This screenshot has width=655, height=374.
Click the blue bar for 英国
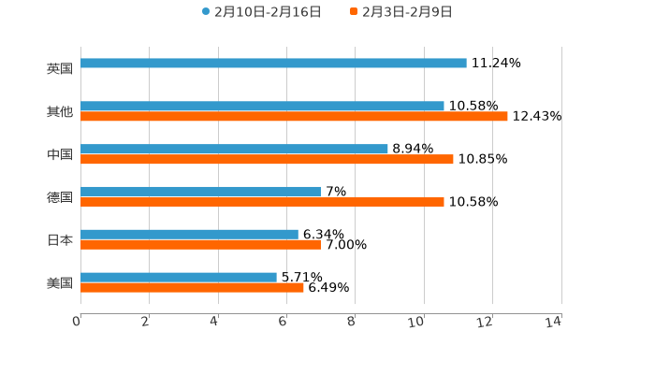pos(273,64)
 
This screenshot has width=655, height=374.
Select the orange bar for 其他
pos(294,117)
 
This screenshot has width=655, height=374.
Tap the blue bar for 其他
pos(262,107)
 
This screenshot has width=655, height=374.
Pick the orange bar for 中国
pos(267,159)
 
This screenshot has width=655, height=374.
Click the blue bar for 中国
pos(234,149)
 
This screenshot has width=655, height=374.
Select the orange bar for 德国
pos(262,201)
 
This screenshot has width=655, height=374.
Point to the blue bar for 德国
pos(200,191)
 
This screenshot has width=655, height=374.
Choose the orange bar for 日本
pos(200,244)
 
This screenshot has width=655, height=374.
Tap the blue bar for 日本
pos(189,234)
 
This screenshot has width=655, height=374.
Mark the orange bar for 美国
pos(192,287)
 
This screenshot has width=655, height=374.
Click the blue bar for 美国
pos(179,277)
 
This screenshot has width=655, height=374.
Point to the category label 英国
pos(60,68)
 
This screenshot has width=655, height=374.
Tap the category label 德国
pos(60,196)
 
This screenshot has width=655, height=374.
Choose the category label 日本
pos(60,239)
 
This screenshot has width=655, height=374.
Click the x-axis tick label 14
pos(554,322)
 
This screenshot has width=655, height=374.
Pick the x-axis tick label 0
pos(78,322)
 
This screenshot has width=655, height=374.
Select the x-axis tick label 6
pos(283,322)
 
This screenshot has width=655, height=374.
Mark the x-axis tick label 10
pos(416,322)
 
